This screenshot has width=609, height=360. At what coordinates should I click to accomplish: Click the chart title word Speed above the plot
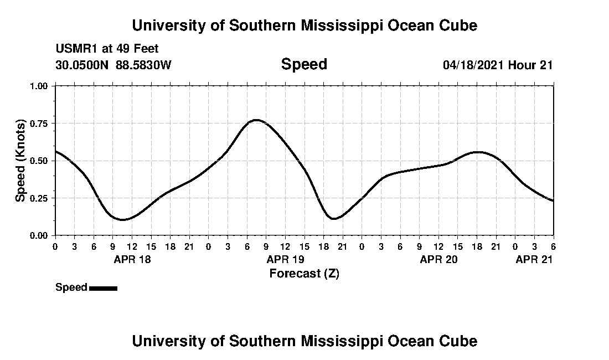click(x=304, y=64)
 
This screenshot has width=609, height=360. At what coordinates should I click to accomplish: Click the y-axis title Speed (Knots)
click(x=20, y=161)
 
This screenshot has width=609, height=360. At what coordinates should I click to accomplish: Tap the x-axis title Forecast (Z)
click(x=304, y=274)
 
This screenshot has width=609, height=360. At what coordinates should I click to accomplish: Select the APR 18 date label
click(x=132, y=259)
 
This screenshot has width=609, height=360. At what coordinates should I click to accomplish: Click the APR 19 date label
click(x=286, y=259)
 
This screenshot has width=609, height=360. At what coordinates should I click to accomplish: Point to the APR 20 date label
click(x=439, y=259)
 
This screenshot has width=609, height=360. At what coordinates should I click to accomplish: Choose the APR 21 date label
click(x=534, y=259)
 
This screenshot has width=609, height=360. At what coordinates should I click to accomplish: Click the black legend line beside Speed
click(x=103, y=288)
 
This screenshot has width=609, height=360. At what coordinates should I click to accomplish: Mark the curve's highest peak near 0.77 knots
click(x=256, y=120)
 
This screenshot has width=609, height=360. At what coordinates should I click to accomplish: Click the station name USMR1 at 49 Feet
click(x=107, y=49)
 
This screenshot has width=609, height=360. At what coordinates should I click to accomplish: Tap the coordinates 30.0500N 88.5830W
click(x=113, y=65)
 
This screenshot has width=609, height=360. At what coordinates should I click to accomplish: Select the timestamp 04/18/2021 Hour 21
click(x=498, y=65)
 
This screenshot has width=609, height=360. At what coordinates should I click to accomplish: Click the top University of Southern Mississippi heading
click(x=304, y=25)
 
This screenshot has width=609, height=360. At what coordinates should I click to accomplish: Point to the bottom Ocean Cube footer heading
click(x=304, y=341)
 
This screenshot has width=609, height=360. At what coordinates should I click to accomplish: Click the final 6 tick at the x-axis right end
click(x=553, y=246)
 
